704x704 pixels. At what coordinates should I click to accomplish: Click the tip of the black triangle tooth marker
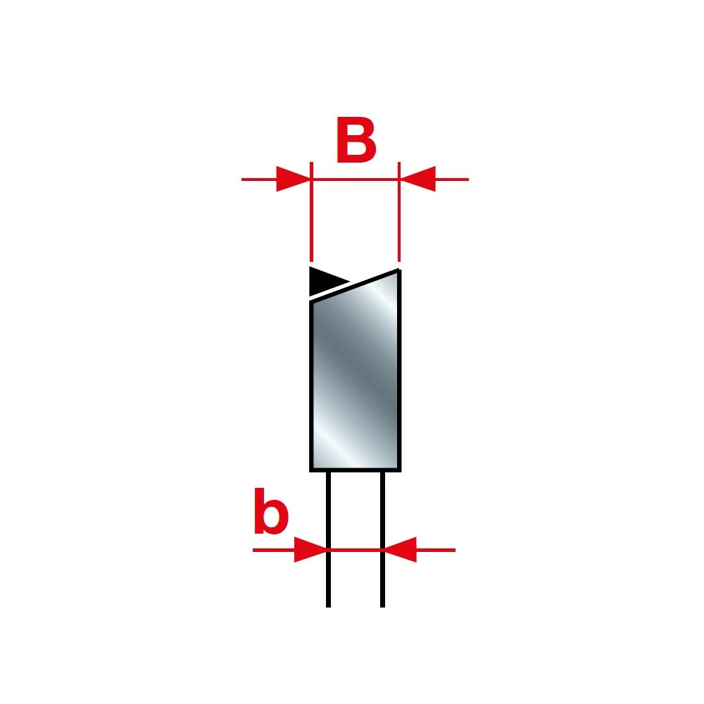tap(349, 282)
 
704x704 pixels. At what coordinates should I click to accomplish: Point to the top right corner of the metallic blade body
tap(400, 270)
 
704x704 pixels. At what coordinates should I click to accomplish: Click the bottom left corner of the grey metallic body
tap(310, 471)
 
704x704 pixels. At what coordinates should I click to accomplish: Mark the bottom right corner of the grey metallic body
tap(401, 471)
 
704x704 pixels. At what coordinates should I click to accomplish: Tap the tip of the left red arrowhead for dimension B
tap(310, 179)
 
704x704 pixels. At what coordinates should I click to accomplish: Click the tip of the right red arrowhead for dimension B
tap(400, 179)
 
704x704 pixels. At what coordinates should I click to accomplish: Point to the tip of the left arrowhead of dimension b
tap(327, 550)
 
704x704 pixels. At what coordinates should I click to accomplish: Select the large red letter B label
tap(356, 141)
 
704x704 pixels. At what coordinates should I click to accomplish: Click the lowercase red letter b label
tap(271, 511)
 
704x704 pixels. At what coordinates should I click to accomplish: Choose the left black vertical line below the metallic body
tap(328, 539)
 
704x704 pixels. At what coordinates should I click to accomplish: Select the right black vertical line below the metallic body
tap(382, 539)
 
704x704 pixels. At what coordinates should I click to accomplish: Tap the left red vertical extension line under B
tap(311, 212)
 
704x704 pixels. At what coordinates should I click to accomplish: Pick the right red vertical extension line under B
tap(399, 212)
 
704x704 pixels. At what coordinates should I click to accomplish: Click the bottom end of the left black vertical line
tap(328, 607)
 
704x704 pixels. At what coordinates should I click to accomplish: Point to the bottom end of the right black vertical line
tap(382, 607)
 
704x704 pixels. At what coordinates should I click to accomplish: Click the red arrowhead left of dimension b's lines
tap(310, 550)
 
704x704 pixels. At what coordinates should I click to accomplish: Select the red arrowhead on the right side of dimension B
tap(417, 179)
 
